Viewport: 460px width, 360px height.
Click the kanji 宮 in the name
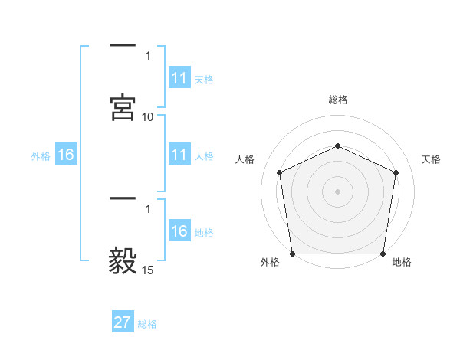(x=123, y=107)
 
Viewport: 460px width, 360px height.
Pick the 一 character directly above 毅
(x=123, y=200)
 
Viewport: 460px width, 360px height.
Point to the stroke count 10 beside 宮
(x=148, y=117)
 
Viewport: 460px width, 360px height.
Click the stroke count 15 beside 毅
(x=148, y=270)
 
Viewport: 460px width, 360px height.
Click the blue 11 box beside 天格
(x=179, y=78)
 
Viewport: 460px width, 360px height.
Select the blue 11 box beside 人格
(x=179, y=155)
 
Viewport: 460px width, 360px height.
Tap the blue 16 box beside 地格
(x=179, y=231)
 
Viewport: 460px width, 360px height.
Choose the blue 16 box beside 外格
(x=66, y=155)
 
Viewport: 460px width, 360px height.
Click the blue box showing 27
(x=123, y=322)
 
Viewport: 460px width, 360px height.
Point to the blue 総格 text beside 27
(x=147, y=324)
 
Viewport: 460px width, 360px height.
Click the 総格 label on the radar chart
(x=338, y=100)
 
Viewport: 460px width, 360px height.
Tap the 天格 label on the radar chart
(x=432, y=159)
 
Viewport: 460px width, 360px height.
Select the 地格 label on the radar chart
(x=402, y=263)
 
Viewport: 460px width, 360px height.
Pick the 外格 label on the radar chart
(x=270, y=263)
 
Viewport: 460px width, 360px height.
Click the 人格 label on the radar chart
(x=245, y=159)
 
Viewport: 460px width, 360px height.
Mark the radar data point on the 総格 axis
(x=337, y=145)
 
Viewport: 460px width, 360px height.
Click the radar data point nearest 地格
(x=383, y=254)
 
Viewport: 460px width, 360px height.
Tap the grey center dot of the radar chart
(x=337, y=191)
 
